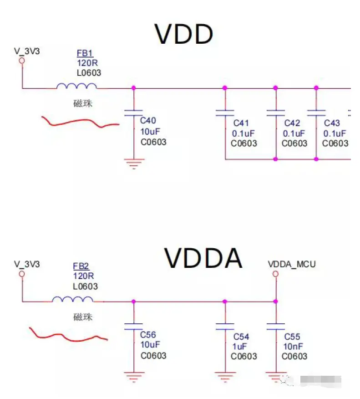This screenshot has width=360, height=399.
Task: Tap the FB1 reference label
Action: [85, 53]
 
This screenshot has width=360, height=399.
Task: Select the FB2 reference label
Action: [81, 266]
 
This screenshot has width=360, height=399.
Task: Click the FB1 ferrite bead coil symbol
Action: [76, 86]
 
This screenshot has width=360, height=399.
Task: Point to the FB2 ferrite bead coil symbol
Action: [73, 299]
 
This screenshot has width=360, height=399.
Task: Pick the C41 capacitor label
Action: [241, 123]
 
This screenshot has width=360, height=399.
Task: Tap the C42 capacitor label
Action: [292, 123]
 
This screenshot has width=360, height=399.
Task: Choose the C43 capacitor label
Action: [332, 123]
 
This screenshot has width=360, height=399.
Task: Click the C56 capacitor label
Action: [149, 335]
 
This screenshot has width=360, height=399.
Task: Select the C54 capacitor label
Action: [241, 337]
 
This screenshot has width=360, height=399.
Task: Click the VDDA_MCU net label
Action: [292, 264]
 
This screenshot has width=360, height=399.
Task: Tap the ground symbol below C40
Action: [133, 163]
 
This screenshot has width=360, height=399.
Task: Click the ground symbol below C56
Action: [133, 376]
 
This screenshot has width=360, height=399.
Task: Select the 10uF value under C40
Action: [150, 132]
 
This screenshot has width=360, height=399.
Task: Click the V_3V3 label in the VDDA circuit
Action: [27, 264]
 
